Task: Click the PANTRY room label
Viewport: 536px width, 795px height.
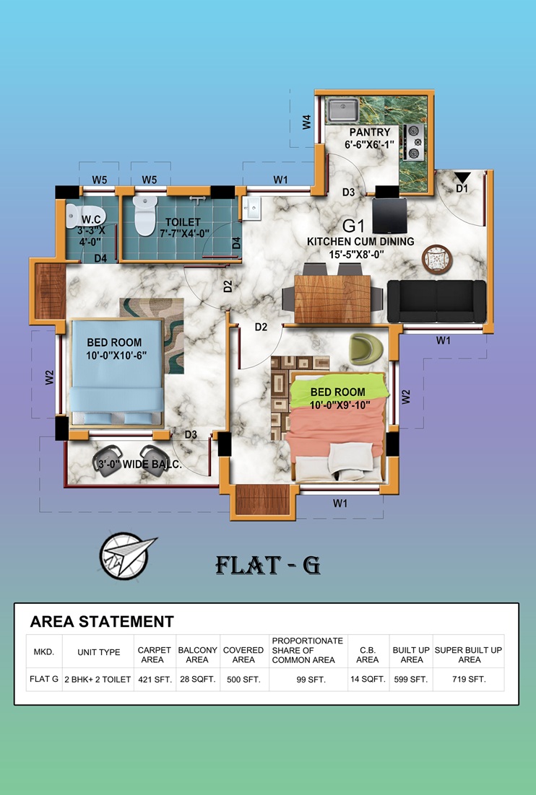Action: (370, 132)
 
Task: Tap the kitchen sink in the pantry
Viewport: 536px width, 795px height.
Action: (342, 111)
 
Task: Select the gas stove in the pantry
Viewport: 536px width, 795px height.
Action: (414, 142)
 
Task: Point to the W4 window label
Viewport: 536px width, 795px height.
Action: (306, 122)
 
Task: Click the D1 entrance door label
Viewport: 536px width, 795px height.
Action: (462, 188)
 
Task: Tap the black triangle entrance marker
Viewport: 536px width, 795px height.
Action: (462, 177)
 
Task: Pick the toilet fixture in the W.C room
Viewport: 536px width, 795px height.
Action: (85, 216)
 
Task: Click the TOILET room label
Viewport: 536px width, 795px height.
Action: (183, 222)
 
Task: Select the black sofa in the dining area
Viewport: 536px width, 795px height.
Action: (436, 301)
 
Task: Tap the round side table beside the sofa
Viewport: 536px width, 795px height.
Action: (437, 260)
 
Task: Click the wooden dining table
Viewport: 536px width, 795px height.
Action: (332, 299)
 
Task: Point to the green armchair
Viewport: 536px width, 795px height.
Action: (366, 349)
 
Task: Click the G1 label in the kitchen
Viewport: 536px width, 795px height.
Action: (354, 226)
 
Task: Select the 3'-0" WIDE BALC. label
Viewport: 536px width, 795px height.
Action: (139, 464)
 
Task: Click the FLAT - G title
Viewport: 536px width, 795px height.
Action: (268, 565)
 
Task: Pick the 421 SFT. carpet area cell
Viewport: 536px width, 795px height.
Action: (155, 680)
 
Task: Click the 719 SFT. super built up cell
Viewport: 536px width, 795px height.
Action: (469, 680)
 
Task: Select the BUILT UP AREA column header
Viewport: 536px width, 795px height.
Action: (411, 654)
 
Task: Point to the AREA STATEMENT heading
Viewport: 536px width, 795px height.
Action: (102, 622)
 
